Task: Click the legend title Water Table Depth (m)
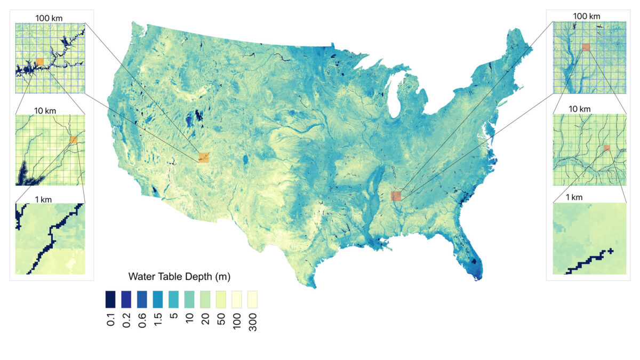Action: (x=179, y=277)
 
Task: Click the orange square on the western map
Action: (x=203, y=157)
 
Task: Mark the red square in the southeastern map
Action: (x=396, y=196)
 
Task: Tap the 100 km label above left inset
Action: (x=49, y=18)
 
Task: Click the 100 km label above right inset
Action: (x=587, y=17)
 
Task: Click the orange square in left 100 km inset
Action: (x=40, y=62)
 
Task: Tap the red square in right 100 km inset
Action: (x=586, y=47)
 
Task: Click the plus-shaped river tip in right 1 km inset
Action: (x=610, y=251)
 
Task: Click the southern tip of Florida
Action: (x=478, y=276)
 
